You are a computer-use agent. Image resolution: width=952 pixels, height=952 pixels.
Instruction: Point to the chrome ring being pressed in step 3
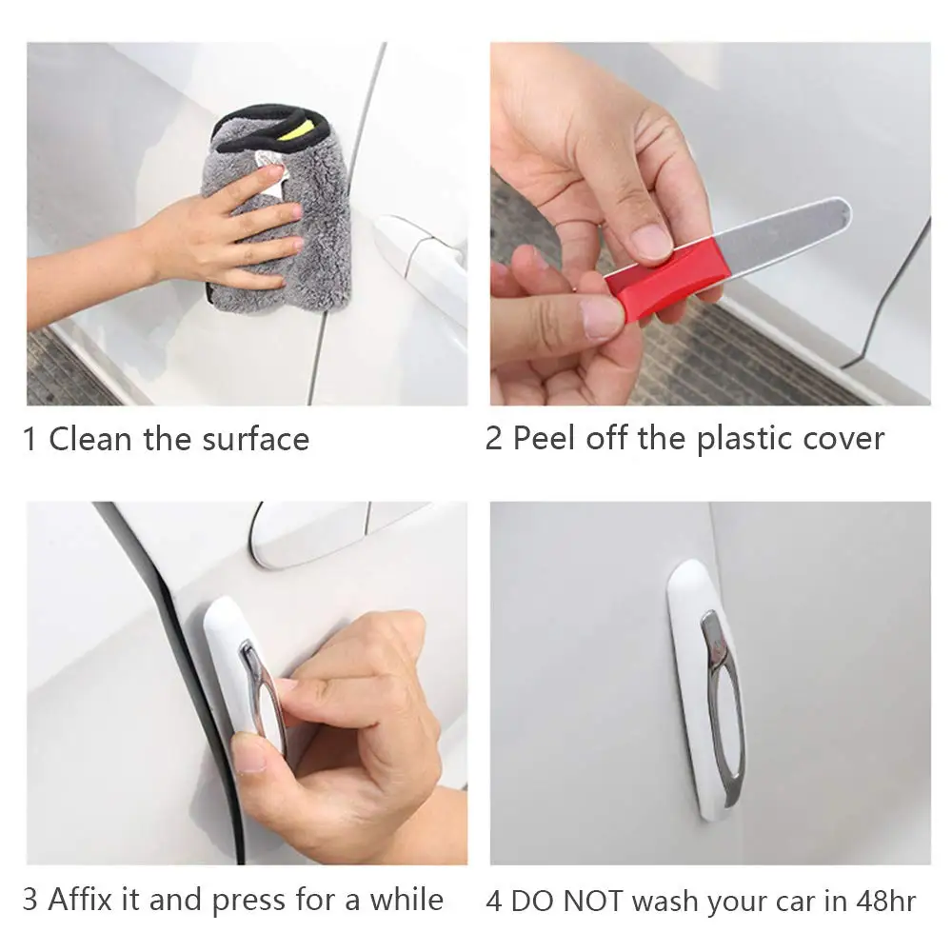pos(261,692)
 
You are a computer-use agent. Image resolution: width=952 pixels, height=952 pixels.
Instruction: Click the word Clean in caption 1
pos(89,438)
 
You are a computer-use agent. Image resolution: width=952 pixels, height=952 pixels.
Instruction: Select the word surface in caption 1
pos(255,439)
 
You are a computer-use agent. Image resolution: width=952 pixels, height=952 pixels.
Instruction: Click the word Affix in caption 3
pos(81,899)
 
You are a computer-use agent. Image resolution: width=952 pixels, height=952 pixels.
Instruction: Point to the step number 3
pos(30,900)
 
